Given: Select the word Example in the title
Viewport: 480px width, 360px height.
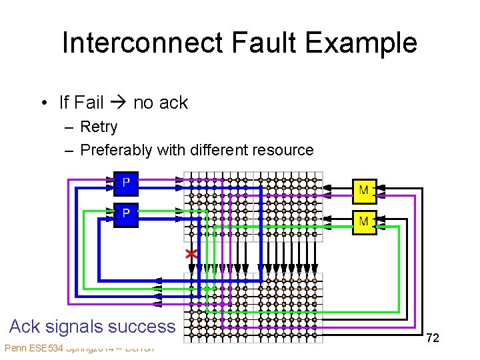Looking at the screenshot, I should (364, 43).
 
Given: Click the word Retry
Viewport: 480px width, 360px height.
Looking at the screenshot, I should (99, 127).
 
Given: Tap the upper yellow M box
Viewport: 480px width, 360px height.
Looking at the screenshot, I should (364, 191).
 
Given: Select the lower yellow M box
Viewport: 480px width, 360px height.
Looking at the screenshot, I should (364, 221).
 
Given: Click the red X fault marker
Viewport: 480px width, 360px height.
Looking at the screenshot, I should (191, 254).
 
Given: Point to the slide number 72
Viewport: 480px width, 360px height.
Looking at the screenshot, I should (433, 338).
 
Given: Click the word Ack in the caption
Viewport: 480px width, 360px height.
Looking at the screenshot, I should (25, 327).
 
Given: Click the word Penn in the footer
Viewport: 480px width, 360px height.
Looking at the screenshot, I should (15, 348).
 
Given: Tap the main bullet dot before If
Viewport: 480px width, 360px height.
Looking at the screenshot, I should (43, 103).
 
